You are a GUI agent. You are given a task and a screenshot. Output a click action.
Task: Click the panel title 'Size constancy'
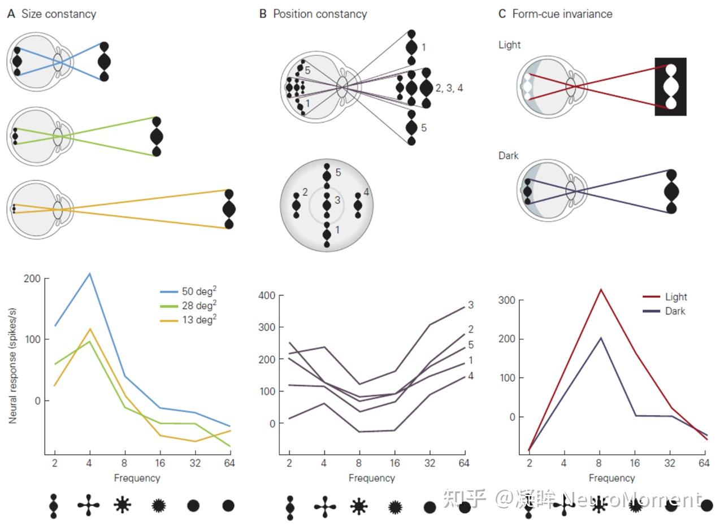tap(59, 14)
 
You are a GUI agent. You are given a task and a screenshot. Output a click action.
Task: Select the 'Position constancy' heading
tap(320, 14)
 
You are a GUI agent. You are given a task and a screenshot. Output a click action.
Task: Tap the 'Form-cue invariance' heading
tap(562, 14)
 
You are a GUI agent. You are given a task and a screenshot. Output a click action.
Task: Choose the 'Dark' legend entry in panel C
tap(675, 311)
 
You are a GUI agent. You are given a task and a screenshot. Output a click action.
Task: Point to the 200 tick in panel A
tap(32, 278)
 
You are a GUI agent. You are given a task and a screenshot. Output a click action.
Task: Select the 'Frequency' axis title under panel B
tap(371, 478)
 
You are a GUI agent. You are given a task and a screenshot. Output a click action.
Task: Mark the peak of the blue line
tap(89, 273)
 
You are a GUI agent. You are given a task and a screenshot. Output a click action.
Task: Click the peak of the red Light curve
tap(601, 290)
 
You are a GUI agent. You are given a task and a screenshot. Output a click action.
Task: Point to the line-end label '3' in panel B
tap(471, 306)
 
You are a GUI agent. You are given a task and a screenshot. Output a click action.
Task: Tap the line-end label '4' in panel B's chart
tap(471, 376)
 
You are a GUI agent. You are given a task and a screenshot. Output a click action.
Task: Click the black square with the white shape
tap(670, 86)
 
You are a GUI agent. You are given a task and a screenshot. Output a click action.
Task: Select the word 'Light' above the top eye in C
tap(509, 45)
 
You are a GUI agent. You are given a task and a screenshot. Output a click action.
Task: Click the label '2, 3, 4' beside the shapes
tap(449, 88)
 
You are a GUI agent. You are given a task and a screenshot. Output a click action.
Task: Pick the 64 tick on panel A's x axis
tap(228, 464)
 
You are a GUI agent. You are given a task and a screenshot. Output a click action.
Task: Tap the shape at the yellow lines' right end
tap(229, 209)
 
